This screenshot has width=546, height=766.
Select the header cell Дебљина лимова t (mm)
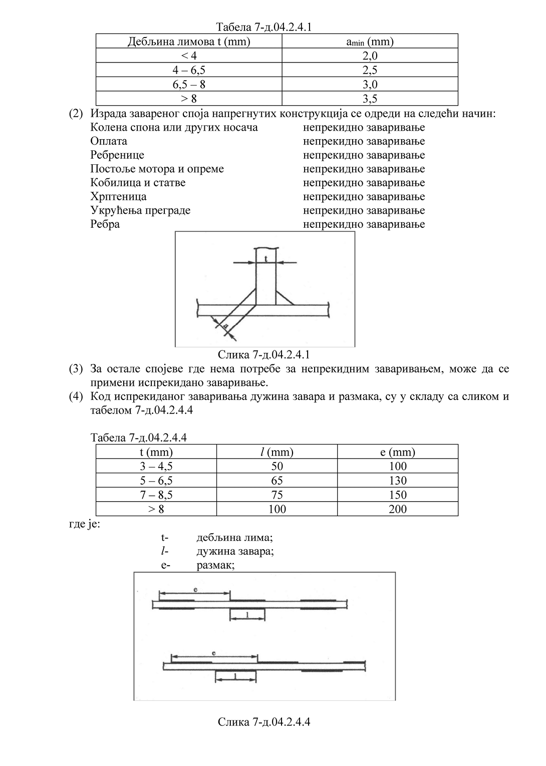click(x=189, y=42)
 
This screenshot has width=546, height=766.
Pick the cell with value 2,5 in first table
click(x=370, y=70)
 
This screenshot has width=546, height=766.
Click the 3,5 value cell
click(x=370, y=99)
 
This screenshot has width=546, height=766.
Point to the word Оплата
click(x=109, y=141)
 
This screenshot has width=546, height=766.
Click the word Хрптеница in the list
click(x=118, y=197)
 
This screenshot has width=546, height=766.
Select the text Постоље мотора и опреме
click(x=157, y=169)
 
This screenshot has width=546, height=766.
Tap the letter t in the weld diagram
click(x=266, y=259)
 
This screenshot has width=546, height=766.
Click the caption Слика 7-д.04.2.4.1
click(x=264, y=355)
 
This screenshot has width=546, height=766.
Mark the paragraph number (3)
click(x=76, y=369)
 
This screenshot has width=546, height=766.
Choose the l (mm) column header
click(x=277, y=453)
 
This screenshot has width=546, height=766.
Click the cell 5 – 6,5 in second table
click(x=156, y=481)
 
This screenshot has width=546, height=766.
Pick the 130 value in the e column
click(x=398, y=481)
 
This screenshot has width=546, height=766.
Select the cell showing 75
click(x=277, y=495)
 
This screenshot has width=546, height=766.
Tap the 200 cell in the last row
click(x=398, y=510)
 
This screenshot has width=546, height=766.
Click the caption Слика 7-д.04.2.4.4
click(x=264, y=722)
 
